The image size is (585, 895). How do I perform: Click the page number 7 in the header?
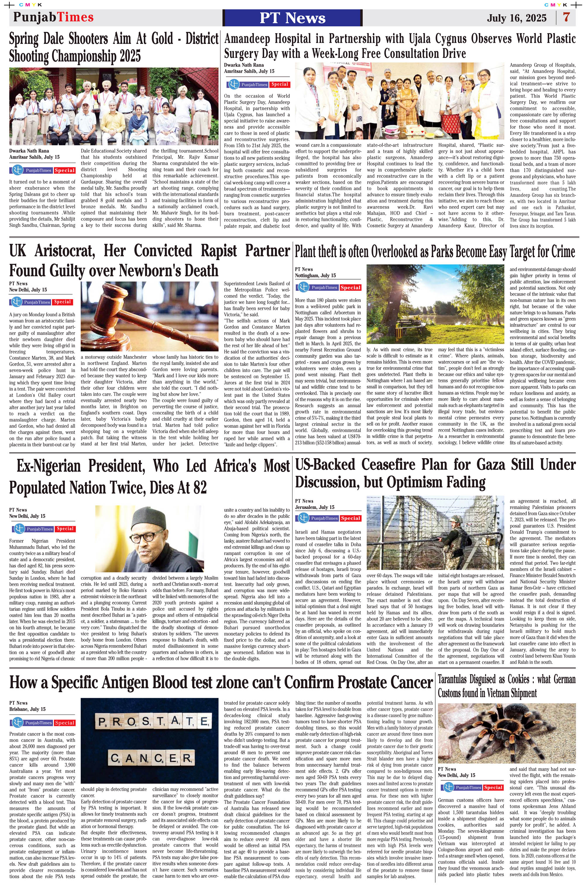coord(566,17)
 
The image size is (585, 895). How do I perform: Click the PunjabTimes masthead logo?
coord(53,17)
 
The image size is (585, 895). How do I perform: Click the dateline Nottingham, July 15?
coord(315,276)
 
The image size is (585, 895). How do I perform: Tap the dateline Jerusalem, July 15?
coord(314,507)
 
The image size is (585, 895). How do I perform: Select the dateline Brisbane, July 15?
coord(27,709)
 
